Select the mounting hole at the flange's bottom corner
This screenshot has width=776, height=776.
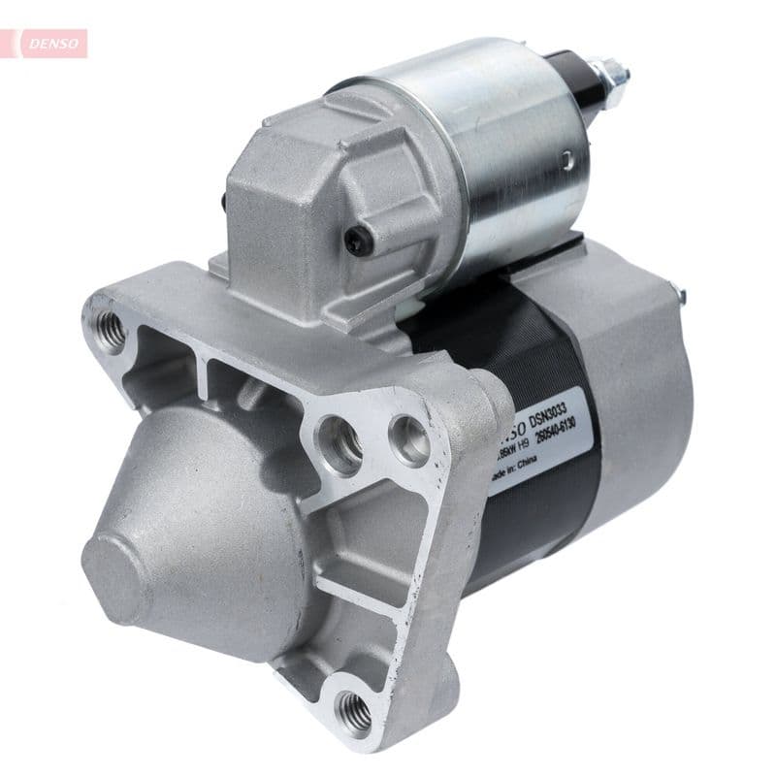[x=355, y=714]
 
